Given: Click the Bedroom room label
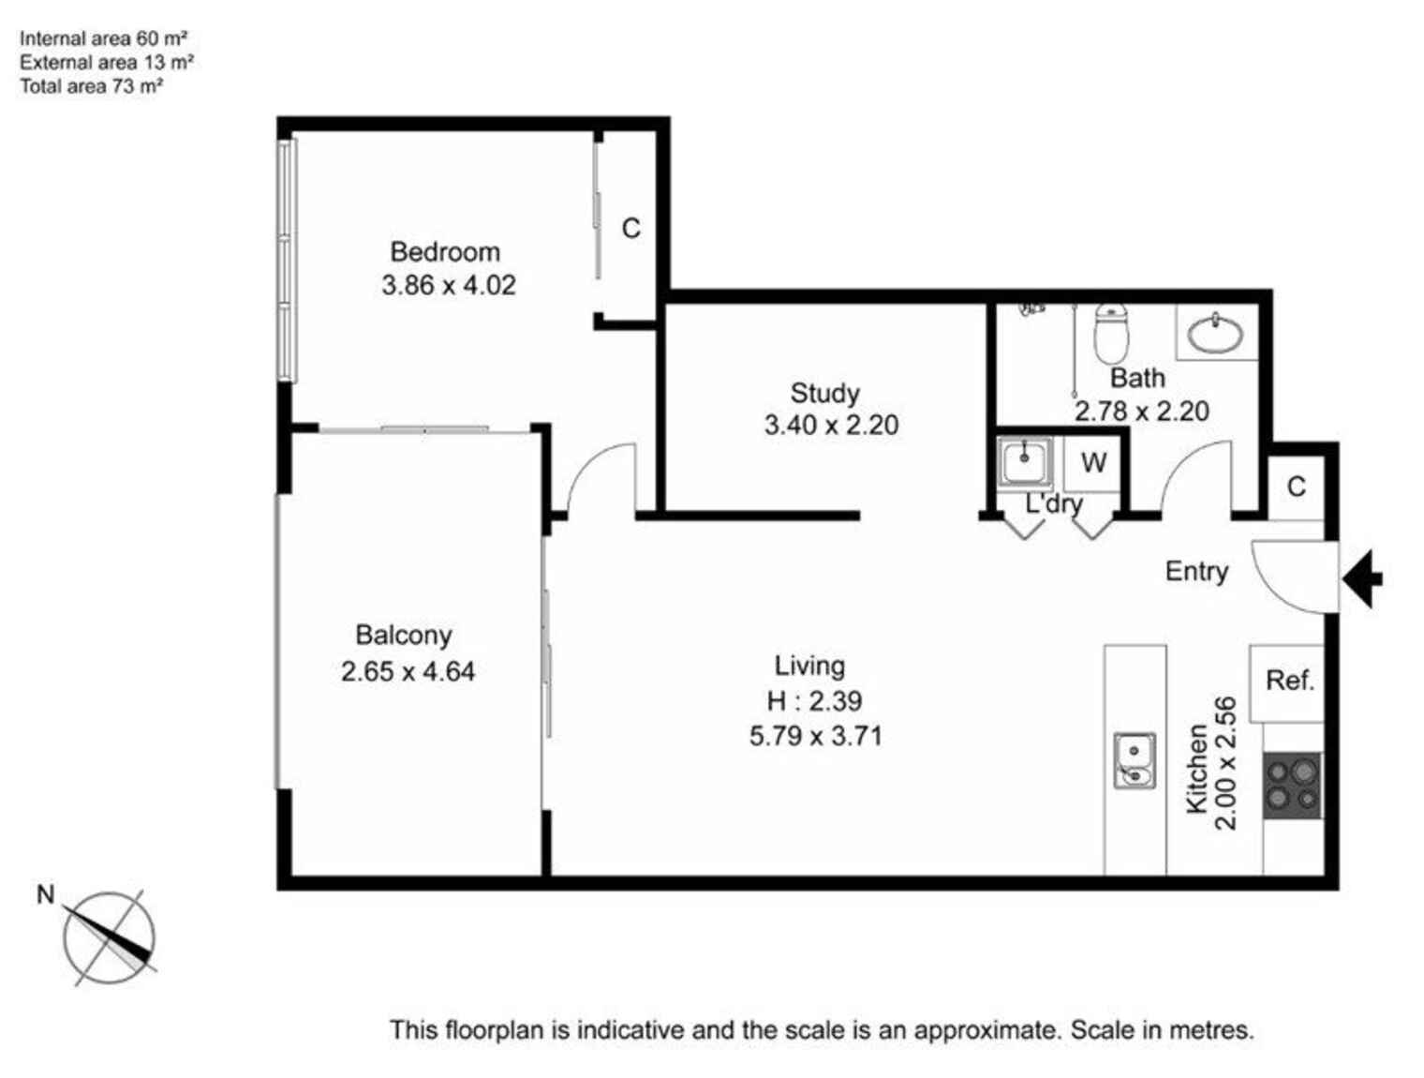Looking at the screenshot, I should pyautogui.click(x=444, y=252).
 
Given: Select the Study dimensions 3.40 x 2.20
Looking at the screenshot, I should pyautogui.click(x=831, y=426).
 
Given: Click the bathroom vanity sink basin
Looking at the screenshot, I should pyautogui.click(x=1216, y=333).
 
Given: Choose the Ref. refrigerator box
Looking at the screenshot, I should pyautogui.click(x=1289, y=681).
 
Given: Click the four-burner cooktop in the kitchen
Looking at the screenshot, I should pyautogui.click(x=1292, y=786).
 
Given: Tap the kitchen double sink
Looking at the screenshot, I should pyautogui.click(x=1134, y=760).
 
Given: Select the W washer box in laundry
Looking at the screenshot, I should pyautogui.click(x=1092, y=463).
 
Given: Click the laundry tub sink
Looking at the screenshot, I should pyautogui.click(x=1024, y=461).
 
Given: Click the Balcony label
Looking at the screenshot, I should pyautogui.click(x=404, y=636).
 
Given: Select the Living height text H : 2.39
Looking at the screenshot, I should pyautogui.click(x=813, y=701).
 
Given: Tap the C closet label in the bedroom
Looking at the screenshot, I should pyautogui.click(x=630, y=229).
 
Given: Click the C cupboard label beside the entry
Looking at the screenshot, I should pyautogui.click(x=1296, y=487).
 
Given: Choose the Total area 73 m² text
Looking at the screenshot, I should pyautogui.click(x=92, y=86).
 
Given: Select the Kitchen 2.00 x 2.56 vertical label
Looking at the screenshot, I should pyautogui.click(x=1211, y=764).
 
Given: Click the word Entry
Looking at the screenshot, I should pyautogui.click(x=1196, y=571).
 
